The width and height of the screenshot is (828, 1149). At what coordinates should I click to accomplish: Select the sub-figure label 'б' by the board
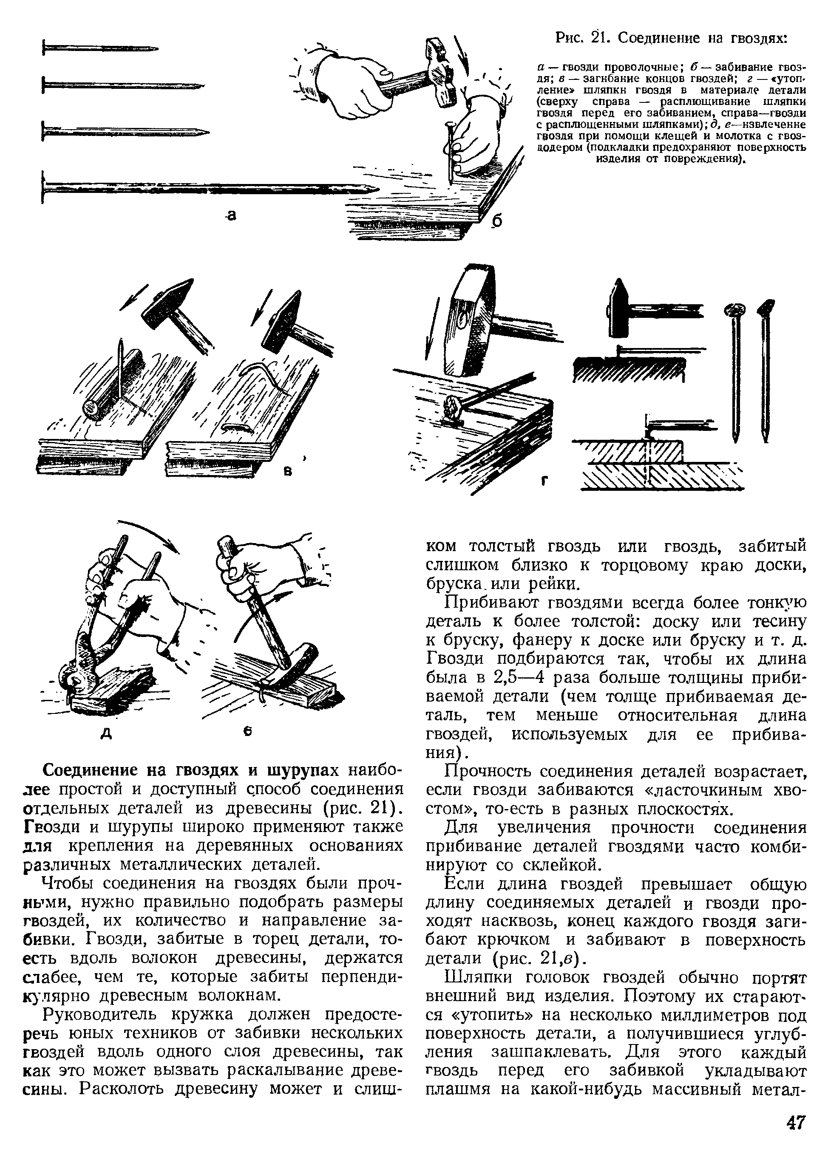coord(497,221)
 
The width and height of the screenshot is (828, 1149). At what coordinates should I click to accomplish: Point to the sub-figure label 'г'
coord(545,480)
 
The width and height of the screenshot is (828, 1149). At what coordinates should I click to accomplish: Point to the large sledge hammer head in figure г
coord(469,319)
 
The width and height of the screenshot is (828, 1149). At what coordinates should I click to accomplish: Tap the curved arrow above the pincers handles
coord(152,535)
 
